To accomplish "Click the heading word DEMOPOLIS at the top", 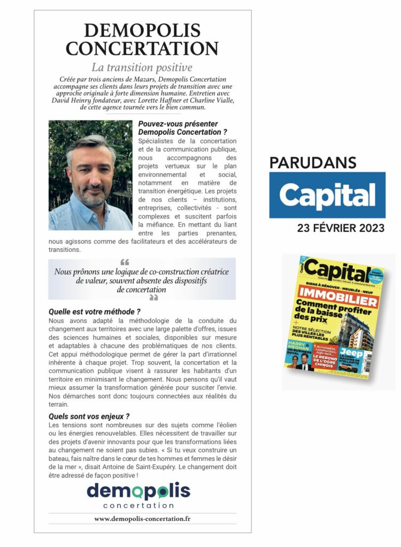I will (x=142, y=30).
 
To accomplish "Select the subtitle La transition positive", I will (x=142, y=68).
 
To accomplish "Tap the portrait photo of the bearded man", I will (x=90, y=175).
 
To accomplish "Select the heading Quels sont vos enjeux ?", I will (x=89, y=416).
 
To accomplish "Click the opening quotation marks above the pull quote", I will (x=125, y=262).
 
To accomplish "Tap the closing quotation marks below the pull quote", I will (x=153, y=298).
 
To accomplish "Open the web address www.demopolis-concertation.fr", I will (x=142, y=519).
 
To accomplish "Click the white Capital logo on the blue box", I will (x=327, y=196).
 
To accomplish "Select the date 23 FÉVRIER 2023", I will (x=341, y=228).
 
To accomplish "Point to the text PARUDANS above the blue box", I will (x=312, y=162).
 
